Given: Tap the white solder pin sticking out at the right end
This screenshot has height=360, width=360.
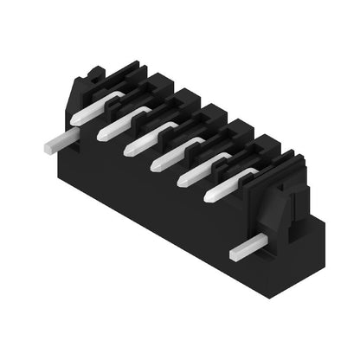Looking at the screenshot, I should click(246, 250).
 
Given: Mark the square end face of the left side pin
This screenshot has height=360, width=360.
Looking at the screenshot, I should click(45, 147).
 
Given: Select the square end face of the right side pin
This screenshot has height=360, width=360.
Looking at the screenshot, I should click(235, 255).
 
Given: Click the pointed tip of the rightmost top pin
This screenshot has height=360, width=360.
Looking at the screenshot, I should click(207, 196).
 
